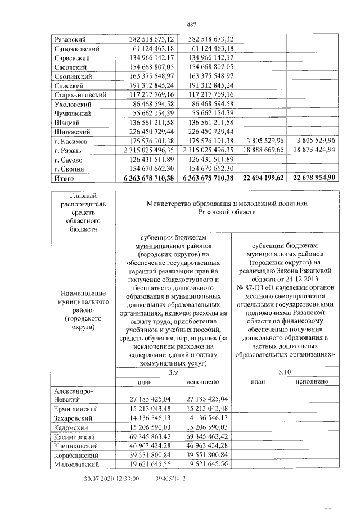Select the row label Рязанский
point(69,40)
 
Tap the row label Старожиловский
point(80,95)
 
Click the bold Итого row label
point(64,178)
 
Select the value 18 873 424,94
point(314,150)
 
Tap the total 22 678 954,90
point(314,178)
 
